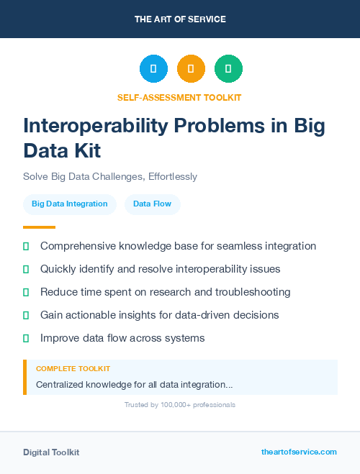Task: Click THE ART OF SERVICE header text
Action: [x=180, y=19]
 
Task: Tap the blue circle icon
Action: [x=153, y=69]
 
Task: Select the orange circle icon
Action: [x=191, y=69]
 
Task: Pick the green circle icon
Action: [x=228, y=69]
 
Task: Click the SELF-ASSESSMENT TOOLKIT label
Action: [x=179, y=97]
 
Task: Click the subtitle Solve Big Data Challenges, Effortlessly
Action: [x=110, y=176]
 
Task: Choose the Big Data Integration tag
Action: [x=70, y=204]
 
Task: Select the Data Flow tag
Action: [x=153, y=204]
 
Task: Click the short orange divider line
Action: [x=39, y=227]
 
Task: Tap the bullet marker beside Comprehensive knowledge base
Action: [x=26, y=247]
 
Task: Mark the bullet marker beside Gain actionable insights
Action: [x=26, y=315]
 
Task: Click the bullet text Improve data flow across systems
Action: [x=122, y=338]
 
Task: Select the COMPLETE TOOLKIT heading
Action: [x=68, y=368]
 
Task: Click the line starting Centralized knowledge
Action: [x=134, y=385]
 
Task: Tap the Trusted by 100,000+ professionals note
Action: [x=180, y=405]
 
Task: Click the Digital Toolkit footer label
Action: [x=51, y=452]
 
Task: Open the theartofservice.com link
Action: [x=299, y=452]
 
